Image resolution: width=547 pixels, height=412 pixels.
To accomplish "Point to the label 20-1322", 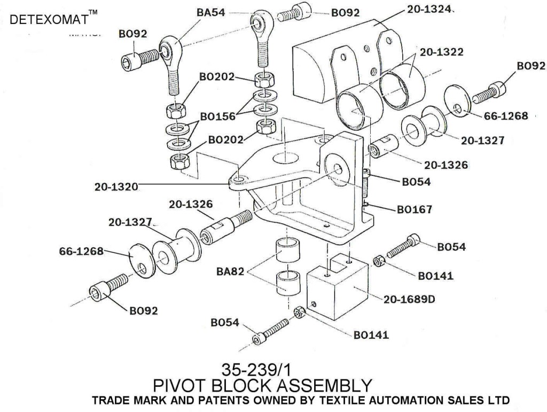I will [x=441, y=52].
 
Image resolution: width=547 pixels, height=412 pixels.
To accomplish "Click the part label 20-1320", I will [x=116, y=186].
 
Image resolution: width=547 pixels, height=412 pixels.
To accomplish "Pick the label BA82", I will [x=230, y=271].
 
